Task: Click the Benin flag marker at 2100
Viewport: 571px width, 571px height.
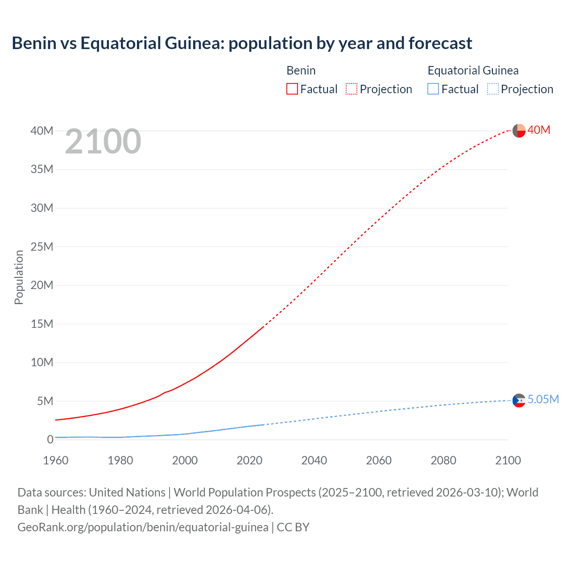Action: (519, 131)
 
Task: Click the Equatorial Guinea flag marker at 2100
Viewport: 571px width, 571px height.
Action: (519, 401)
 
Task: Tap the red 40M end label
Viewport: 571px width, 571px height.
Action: (539, 130)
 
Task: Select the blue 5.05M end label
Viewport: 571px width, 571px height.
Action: (543, 399)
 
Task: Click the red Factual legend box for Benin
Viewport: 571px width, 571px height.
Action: (292, 89)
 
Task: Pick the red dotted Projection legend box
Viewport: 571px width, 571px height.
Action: (352, 89)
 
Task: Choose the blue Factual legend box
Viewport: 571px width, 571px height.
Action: (433, 89)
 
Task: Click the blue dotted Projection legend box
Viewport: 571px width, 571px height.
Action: (493, 89)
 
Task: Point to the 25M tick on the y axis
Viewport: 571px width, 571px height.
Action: (42, 247)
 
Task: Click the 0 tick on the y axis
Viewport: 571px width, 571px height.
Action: (50, 439)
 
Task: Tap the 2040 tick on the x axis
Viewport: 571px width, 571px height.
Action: (314, 460)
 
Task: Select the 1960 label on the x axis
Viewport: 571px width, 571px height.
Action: (56, 460)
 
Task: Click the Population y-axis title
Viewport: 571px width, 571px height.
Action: (19, 277)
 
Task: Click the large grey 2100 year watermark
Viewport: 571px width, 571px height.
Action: (103, 141)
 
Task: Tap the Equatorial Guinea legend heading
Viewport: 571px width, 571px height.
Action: (473, 70)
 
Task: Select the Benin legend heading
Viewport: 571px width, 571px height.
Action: (301, 70)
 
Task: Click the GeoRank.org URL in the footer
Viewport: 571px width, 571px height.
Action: (143, 527)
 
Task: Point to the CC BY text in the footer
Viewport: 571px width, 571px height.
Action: (293, 527)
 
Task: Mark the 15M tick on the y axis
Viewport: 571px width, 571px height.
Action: (42, 324)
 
